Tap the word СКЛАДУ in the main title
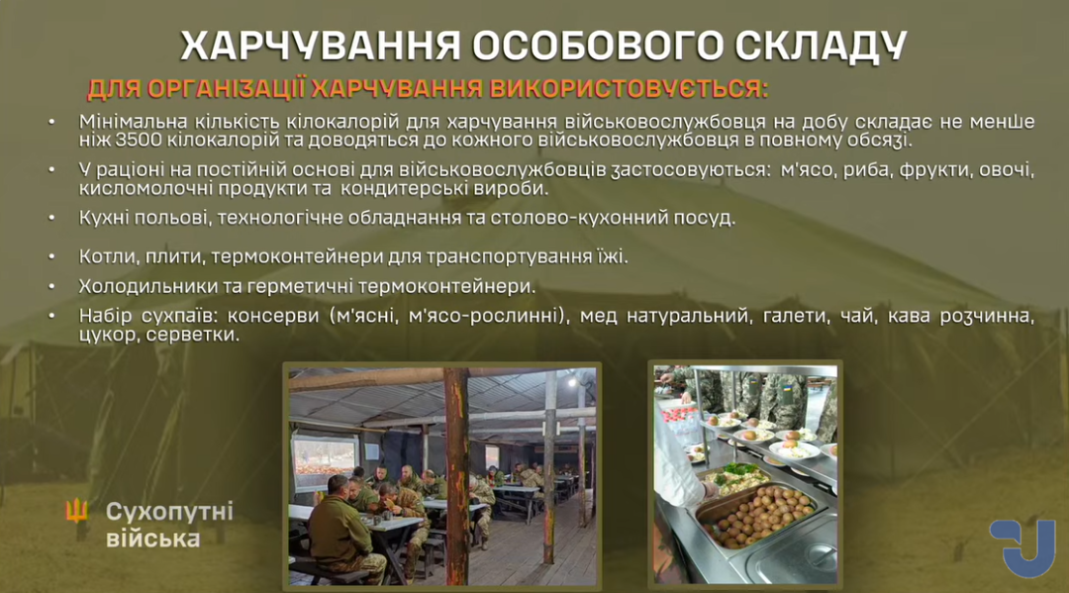coord(821,46)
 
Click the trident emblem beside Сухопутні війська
coord(76,511)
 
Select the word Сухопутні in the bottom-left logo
coord(169,512)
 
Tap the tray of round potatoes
coord(757,517)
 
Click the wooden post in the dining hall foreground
coord(456,476)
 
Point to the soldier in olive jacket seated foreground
coord(340,531)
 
